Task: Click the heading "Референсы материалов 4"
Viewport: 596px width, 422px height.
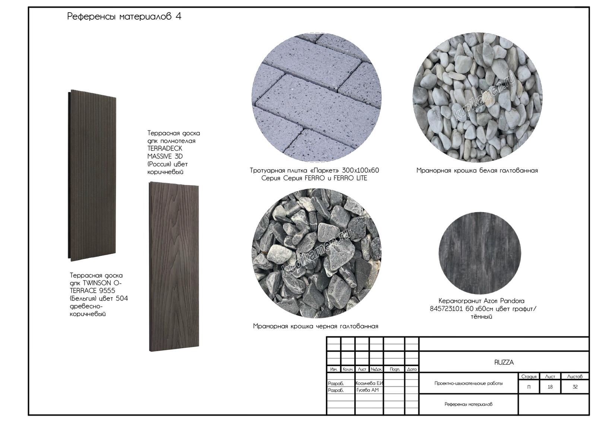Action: tap(124, 16)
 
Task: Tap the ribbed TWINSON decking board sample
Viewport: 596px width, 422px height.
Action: tap(92, 176)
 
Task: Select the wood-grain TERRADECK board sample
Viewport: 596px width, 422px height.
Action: tap(174, 267)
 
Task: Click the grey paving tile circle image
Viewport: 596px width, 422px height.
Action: tap(317, 97)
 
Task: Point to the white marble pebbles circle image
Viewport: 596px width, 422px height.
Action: tap(478, 97)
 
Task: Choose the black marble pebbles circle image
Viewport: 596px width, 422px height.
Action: tap(317, 253)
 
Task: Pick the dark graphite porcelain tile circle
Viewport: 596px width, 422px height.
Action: tap(480, 253)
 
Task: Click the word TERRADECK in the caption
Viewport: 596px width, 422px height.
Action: tap(165, 149)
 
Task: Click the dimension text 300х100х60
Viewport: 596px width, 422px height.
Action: tap(360, 170)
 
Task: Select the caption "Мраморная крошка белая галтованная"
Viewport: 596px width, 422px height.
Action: tap(477, 170)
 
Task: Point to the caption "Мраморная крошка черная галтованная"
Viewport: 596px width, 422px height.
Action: tap(316, 326)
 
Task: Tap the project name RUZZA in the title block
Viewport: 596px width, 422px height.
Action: tap(504, 362)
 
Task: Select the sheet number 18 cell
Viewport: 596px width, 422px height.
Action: tap(550, 387)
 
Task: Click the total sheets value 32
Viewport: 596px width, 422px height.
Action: tap(575, 387)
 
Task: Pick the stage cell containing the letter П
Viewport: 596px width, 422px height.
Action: tap(529, 387)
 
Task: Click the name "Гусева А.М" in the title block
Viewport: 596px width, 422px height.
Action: tap(367, 390)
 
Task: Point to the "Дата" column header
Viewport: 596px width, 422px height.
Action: tap(412, 369)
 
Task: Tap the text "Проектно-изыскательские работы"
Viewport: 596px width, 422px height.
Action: tap(469, 383)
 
